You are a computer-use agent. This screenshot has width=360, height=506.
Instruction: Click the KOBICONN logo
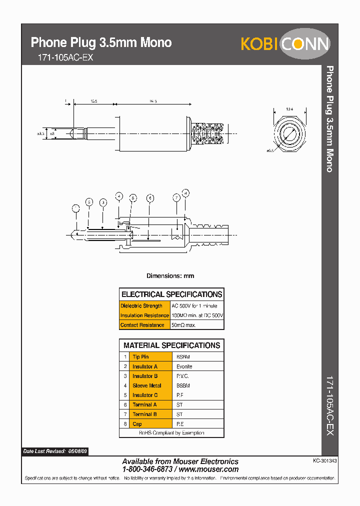[285, 44]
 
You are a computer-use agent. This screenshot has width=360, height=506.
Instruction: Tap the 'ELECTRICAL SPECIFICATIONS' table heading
[171, 294]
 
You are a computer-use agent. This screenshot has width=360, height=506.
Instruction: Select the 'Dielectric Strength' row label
[141, 305]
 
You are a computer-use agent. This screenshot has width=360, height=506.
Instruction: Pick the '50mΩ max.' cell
[183, 325]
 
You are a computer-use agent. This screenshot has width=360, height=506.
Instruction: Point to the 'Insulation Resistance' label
[144, 315]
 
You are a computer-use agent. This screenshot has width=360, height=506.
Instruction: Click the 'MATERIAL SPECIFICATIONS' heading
[171, 345]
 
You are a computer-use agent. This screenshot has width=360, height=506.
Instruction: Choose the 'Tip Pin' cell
[140, 357]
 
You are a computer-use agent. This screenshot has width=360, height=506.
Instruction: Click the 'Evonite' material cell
[184, 366]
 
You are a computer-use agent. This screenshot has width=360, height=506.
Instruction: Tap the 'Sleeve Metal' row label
[146, 385]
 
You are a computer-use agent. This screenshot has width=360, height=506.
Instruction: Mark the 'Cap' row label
[137, 424]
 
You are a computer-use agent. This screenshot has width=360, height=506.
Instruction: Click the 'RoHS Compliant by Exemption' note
[171, 433]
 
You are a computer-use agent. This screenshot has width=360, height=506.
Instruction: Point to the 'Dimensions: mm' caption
[170, 276]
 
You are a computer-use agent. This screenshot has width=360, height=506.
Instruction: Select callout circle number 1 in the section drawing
[76, 208]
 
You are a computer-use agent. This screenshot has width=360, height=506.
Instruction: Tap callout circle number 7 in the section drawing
[176, 198]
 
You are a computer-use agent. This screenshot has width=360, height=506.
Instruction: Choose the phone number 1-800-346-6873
[147, 469]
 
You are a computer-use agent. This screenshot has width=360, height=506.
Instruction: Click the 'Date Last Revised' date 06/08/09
[77, 451]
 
